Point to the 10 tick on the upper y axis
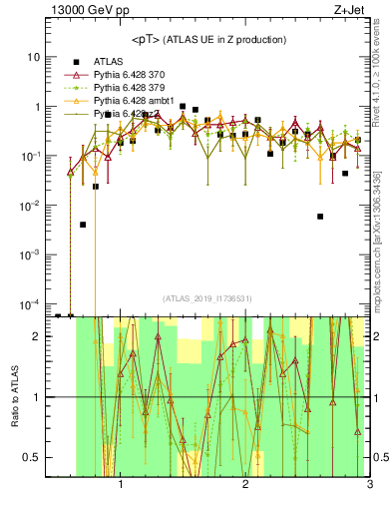32,57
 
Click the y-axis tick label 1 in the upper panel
36,107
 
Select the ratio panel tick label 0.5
32,457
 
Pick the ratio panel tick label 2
36,336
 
